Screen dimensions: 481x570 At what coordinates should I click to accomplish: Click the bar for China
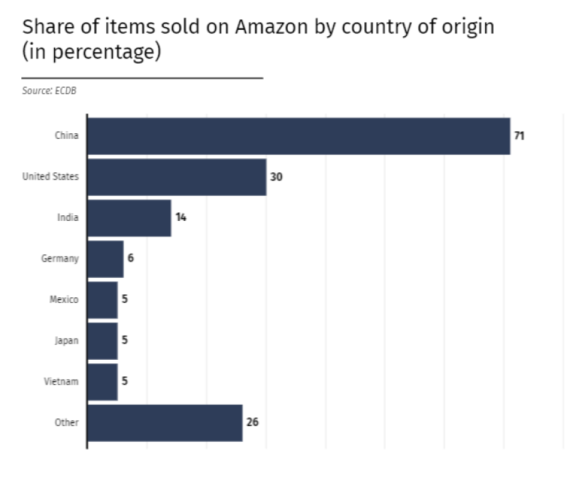(299, 136)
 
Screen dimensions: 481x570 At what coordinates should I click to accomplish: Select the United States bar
(177, 177)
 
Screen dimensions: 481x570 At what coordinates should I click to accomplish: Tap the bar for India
(129, 218)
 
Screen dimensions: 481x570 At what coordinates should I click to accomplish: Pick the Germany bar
(105, 259)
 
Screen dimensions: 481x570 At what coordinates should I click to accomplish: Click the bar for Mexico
(103, 300)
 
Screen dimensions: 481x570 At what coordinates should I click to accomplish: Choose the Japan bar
(103, 341)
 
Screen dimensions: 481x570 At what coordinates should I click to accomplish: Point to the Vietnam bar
(103, 382)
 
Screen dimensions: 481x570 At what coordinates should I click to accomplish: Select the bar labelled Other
(165, 423)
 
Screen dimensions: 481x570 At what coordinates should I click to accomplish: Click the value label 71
(519, 135)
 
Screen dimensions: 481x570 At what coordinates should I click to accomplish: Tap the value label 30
(276, 177)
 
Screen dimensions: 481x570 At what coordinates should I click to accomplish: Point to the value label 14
(181, 217)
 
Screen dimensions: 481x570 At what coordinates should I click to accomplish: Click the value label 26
(252, 423)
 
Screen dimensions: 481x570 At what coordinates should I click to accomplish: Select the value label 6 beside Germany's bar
(130, 259)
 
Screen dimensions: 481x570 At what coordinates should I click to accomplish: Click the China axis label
(67, 136)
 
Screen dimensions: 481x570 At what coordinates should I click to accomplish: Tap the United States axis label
(51, 177)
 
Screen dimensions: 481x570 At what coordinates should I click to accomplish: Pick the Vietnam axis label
(61, 382)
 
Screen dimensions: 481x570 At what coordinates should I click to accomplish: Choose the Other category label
(67, 423)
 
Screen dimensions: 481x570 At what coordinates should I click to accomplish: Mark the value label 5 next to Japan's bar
(125, 341)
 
